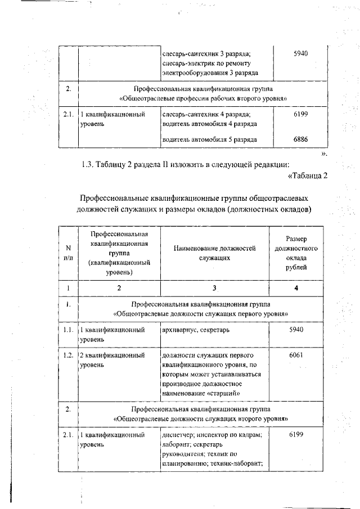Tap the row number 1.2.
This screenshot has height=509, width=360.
point(68,355)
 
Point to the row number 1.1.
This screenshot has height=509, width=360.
point(68,329)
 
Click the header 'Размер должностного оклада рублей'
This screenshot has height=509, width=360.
point(296,253)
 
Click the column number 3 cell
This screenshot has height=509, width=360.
point(214,289)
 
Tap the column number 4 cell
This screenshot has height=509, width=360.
point(296,289)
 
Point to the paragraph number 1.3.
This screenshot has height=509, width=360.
point(90,164)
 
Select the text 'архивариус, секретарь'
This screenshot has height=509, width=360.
point(195,329)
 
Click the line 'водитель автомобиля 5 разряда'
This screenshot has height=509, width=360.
point(210,139)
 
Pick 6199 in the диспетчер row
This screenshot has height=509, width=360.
point(296,435)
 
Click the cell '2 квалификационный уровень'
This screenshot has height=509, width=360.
point(112,360)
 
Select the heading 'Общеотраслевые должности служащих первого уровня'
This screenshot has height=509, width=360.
point(201,313)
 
